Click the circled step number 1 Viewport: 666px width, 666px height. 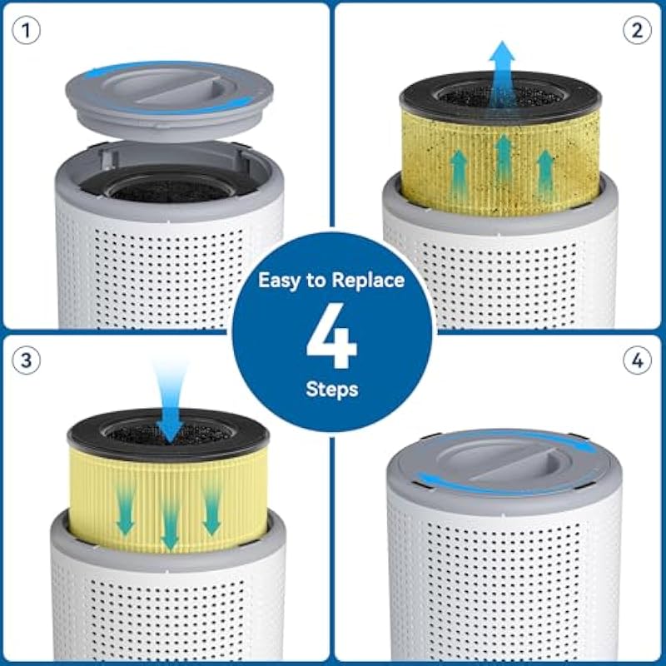(x=27, y=31)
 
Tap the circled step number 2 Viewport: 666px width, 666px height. (x=637, y=30)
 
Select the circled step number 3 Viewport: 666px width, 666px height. (x=27, y=360)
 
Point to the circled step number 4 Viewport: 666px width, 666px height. (x=637, y=360)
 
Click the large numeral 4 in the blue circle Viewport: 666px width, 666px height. (x=331, y=335)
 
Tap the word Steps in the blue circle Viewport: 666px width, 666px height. (x=331, y=390)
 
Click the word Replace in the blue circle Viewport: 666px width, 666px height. (x=368, y=281)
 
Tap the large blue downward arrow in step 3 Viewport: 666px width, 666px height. (x=170, y=404)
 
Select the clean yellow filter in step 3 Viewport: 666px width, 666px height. (x=168, y=500)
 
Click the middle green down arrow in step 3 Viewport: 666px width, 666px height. (x=170, y=525)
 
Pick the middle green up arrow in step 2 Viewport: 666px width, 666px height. (x=504, y=158)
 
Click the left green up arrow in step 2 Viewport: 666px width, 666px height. (x=459, y=175)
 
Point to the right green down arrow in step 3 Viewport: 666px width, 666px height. (x=211, y=509)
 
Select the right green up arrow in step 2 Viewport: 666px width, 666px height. (x=546, y=175)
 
